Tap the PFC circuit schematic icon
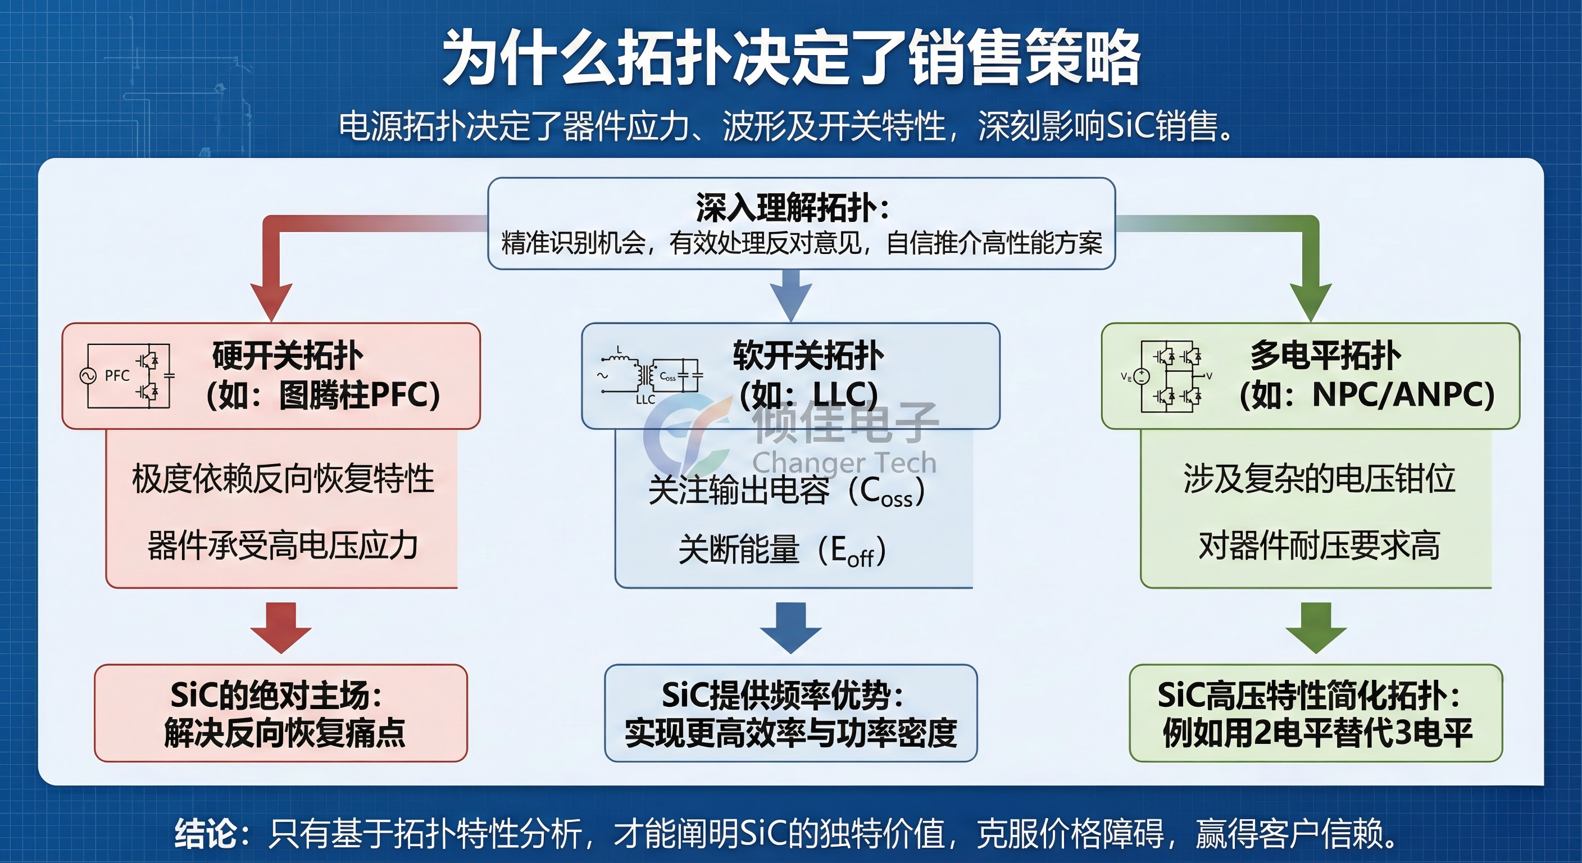point(128,375)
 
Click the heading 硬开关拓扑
point(288,356)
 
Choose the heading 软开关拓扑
point(808,356)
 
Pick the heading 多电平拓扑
point(1325,356)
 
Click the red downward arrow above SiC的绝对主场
point(281,626)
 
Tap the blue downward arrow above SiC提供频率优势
point(790,626)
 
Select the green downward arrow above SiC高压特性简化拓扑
point(1316,626)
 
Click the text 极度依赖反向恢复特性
point(283,479)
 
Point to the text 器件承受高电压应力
point(283,546)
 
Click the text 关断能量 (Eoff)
point(782,549)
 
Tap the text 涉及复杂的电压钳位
point(1319,479)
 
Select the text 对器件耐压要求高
point(1319,546)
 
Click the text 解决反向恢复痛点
point(284,733)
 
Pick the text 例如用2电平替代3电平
point(1317,733)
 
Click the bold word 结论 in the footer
point(206,834)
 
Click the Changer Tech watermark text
point(844,462)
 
